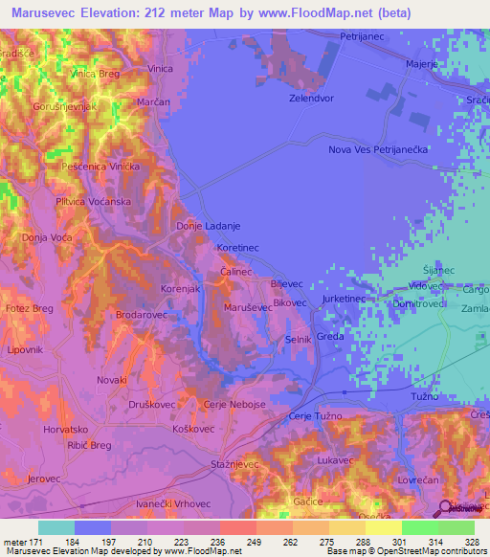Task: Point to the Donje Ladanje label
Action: click(x=208, y=226)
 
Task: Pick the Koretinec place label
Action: click(x=238, y=248)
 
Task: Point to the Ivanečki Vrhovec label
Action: click(x=172, y=503)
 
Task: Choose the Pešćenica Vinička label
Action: click(x=101, y=167)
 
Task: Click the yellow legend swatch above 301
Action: click(x=383, y=527)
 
